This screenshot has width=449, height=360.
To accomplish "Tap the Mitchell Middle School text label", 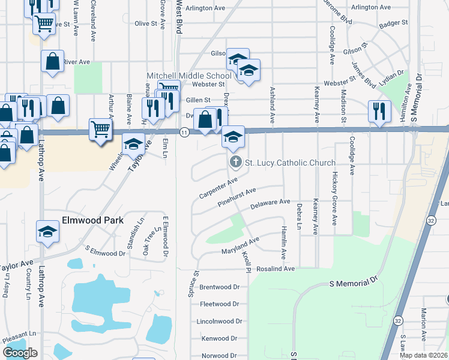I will point(189,76).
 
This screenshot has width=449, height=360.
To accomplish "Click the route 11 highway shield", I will point(184,132).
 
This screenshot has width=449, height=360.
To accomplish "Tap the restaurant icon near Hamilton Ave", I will point(378,112).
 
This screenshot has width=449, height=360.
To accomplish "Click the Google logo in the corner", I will point(20,353).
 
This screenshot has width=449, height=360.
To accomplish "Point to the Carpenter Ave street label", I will point(218,188).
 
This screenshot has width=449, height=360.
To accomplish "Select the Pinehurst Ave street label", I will point(237,198).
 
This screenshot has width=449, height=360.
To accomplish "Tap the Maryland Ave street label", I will point(240,244).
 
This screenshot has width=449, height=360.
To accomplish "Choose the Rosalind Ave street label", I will point(276,269).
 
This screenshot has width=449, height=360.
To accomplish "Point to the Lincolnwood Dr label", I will point(219,322).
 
